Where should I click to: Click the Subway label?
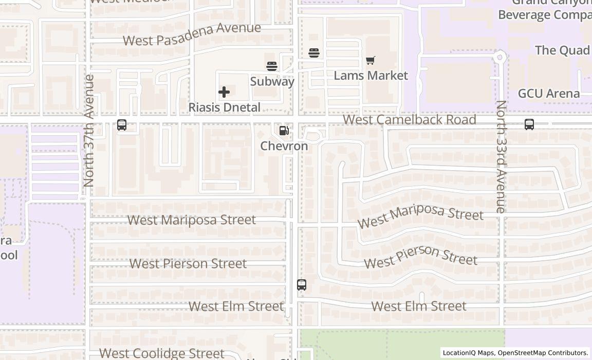(x=272, y=81)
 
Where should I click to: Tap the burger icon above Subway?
(x=272, y=66)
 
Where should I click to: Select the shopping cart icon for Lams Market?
(x=371, y=60)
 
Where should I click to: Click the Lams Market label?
(x=371, y=76)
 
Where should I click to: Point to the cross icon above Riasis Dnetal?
(x=224, y=92)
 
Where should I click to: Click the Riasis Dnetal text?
(x=224, y=107)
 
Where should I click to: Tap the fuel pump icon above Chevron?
(x=284, y=131)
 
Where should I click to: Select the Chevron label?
(x=284, y=146)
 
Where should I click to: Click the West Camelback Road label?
(x=409, y=120)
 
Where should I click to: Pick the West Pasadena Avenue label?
(x=192, y=34)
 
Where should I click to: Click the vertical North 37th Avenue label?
(x=89, y=131)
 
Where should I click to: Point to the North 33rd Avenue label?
(x=501, y=156)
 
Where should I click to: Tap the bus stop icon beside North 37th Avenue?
(x=122, y=125)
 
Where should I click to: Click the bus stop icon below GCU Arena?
(x=529, y=124)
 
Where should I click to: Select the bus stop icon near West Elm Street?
(x=302, y=285)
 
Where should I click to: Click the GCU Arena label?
(x=549, y=94)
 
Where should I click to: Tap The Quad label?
(x=562, y=50)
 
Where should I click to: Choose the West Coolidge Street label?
(x=162, y=353)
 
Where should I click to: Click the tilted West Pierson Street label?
(x=421, y=256)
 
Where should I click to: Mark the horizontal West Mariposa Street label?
(x=191, y=220)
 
